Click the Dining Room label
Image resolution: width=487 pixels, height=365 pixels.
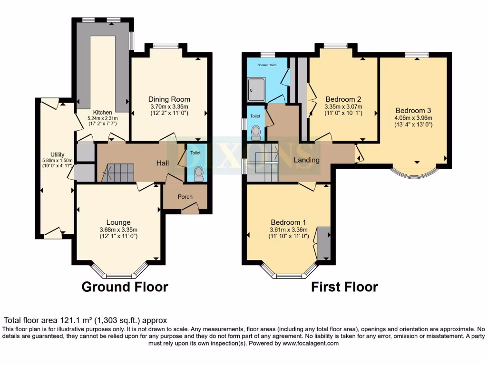click(x=169, y=99)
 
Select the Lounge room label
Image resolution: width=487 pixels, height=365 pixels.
click(x=118, y=222)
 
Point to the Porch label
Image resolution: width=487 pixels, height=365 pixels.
click(x=185, y=197)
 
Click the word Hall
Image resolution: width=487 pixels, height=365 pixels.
click(x=163, y=163)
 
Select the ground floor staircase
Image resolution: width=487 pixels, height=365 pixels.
click(x=118, y=173)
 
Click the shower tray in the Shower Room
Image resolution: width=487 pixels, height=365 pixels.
click(x=256, y=90)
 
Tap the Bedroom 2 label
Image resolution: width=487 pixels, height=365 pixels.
click(x=343, y=99)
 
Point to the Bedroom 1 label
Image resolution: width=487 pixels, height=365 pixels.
click(x=289, y=222)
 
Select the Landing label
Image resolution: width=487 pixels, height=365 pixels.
click(x=306, y=160)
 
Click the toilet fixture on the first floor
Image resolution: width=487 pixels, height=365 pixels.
click(x=256, y=131)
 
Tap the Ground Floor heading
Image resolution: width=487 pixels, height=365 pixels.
click(x=125, y=287)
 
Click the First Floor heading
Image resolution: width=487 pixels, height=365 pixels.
click(x=344, y=287)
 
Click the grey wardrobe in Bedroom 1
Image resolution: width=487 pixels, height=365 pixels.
click(x=324, y=243)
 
